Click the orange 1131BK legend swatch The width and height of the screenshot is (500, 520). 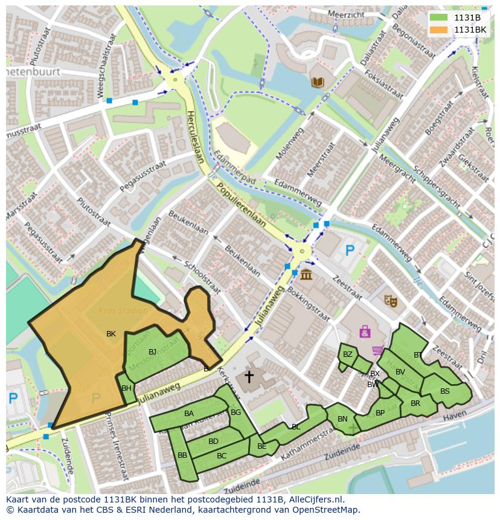pos(439,30)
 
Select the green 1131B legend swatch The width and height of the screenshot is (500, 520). pos(439,18)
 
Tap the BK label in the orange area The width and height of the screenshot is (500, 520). pos(111,333)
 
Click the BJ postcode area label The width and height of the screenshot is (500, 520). pos(152,351)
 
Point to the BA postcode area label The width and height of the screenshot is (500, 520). pos(189,414)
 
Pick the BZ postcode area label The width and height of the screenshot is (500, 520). pos(347,355)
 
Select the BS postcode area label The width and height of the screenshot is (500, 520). pos(444,391)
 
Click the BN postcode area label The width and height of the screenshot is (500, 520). pos(342,419)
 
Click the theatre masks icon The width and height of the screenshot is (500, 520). pos(391,300)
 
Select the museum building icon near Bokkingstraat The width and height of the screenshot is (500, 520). pos(306,275)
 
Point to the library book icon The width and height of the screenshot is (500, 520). pos(317,82)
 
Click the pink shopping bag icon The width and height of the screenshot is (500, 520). pos(365,331)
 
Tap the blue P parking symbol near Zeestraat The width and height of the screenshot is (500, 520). pos(349,249)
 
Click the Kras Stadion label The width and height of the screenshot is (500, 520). pos(124,311)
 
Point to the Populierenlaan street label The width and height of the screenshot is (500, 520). pos(242,204)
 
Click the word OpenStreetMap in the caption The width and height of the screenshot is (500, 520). pos(324,509)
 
